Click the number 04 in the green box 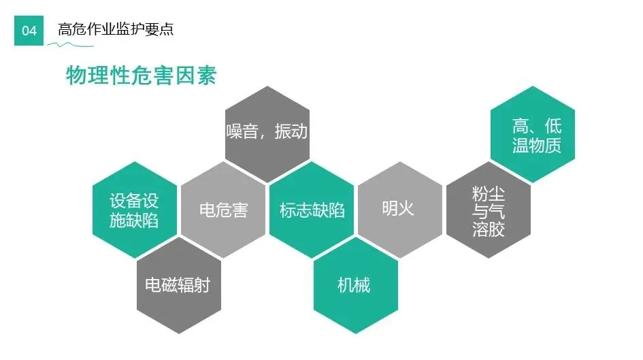tap(29, 31)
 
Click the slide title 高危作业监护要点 tap(116, 29)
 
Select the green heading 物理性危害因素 tap(141, 76)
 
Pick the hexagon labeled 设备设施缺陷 tap(134, 210)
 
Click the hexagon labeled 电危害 tap(223, 210)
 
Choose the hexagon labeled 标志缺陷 tap(312, 210)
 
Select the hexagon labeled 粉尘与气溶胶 tap(488, 210)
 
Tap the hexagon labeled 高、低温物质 tap(533, 135)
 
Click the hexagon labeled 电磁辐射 tap(178, 284)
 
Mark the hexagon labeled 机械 tap(355, 284)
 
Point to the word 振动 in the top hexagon tap(291, 131)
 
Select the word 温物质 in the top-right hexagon tap(537, 146)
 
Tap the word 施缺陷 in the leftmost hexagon tap(134, 220)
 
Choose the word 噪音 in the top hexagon tap(242, 131)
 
